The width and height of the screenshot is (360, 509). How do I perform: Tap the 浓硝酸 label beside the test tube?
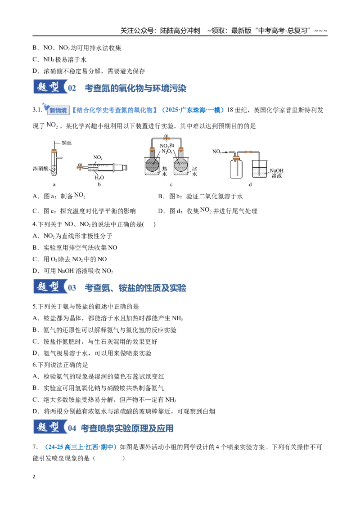[x=40, y=169]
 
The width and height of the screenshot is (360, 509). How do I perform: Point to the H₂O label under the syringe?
[x=99, y=178]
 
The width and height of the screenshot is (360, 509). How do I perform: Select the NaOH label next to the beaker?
[x=276, y=170]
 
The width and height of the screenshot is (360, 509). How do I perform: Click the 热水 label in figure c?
[x=164, y=171]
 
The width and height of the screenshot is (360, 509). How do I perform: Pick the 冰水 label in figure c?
[x=194, y=171]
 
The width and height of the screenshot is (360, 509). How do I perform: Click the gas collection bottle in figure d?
[x=236, y=167]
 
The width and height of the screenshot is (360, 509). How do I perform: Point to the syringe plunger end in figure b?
[x=125, y=168]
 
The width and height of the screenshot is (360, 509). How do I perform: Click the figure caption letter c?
[x=171, y=185]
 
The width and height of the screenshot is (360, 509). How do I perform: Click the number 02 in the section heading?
[x=72, y=88]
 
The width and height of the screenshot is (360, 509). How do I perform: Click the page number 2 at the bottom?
[x=34, y=477]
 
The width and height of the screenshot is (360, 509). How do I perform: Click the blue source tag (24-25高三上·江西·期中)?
[x=80, y=447]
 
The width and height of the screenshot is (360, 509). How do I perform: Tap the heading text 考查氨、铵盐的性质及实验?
[x=135, y=288]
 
